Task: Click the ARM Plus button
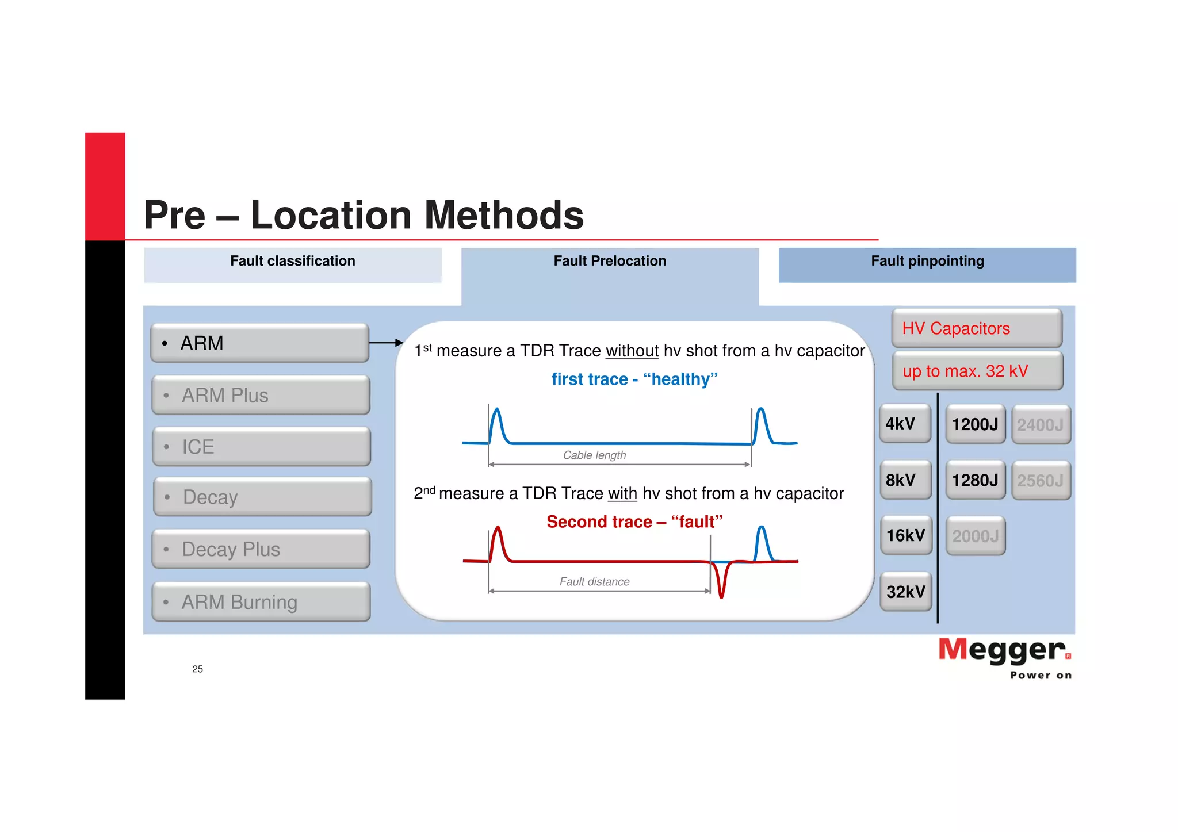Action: [x=261, y=396]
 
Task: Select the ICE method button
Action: [x=261, y=447]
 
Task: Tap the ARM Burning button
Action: [x=261, y=602]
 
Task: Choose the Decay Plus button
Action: [x=261, y=549]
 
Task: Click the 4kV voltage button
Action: [x=905, y=424]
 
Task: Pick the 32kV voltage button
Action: [x=906, y=592]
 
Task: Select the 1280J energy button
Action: [x=975, y=480]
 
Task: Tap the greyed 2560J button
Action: [x=1041, y=481]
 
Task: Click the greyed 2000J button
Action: [x=976, y=536]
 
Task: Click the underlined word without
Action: [x=632, y=351]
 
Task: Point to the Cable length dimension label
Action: [x=594, y=455]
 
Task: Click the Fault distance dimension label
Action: [x=594, y=581]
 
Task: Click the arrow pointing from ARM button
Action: [x=386, y=343]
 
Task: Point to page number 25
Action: [x=197, y=669]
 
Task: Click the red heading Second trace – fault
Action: [x=634, y=522]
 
